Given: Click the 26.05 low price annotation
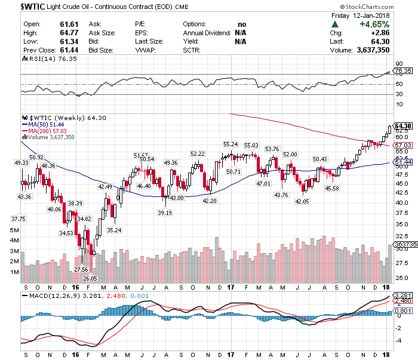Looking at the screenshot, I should pyautogui.click(x=90, y=278).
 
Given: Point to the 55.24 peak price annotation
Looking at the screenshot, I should pyautogui.click(x=230, y=144).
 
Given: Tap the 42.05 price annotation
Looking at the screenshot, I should pyautogui.click(x=302, y=201).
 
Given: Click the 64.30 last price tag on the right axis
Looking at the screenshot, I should pyautogui.click(x=404, y=125).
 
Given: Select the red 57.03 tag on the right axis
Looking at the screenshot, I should pyautogui.click(x=403, y=145).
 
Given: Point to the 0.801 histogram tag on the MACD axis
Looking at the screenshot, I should pyautogui.click(x=403, y=310).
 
